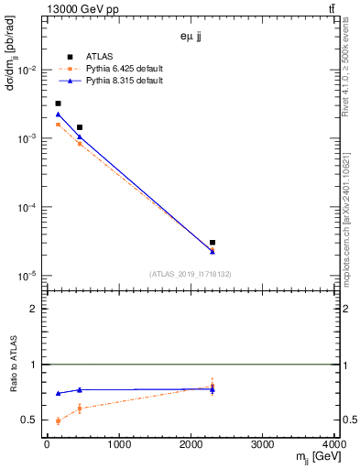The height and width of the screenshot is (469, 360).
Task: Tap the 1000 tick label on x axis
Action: pos(118,445)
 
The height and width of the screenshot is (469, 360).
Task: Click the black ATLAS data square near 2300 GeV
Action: pos(213,243)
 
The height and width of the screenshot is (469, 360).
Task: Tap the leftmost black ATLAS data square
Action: pos(58,104)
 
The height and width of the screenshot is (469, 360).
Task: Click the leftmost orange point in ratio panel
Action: pos(58,420)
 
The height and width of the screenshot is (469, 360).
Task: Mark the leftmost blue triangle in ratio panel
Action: pos(58,393)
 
